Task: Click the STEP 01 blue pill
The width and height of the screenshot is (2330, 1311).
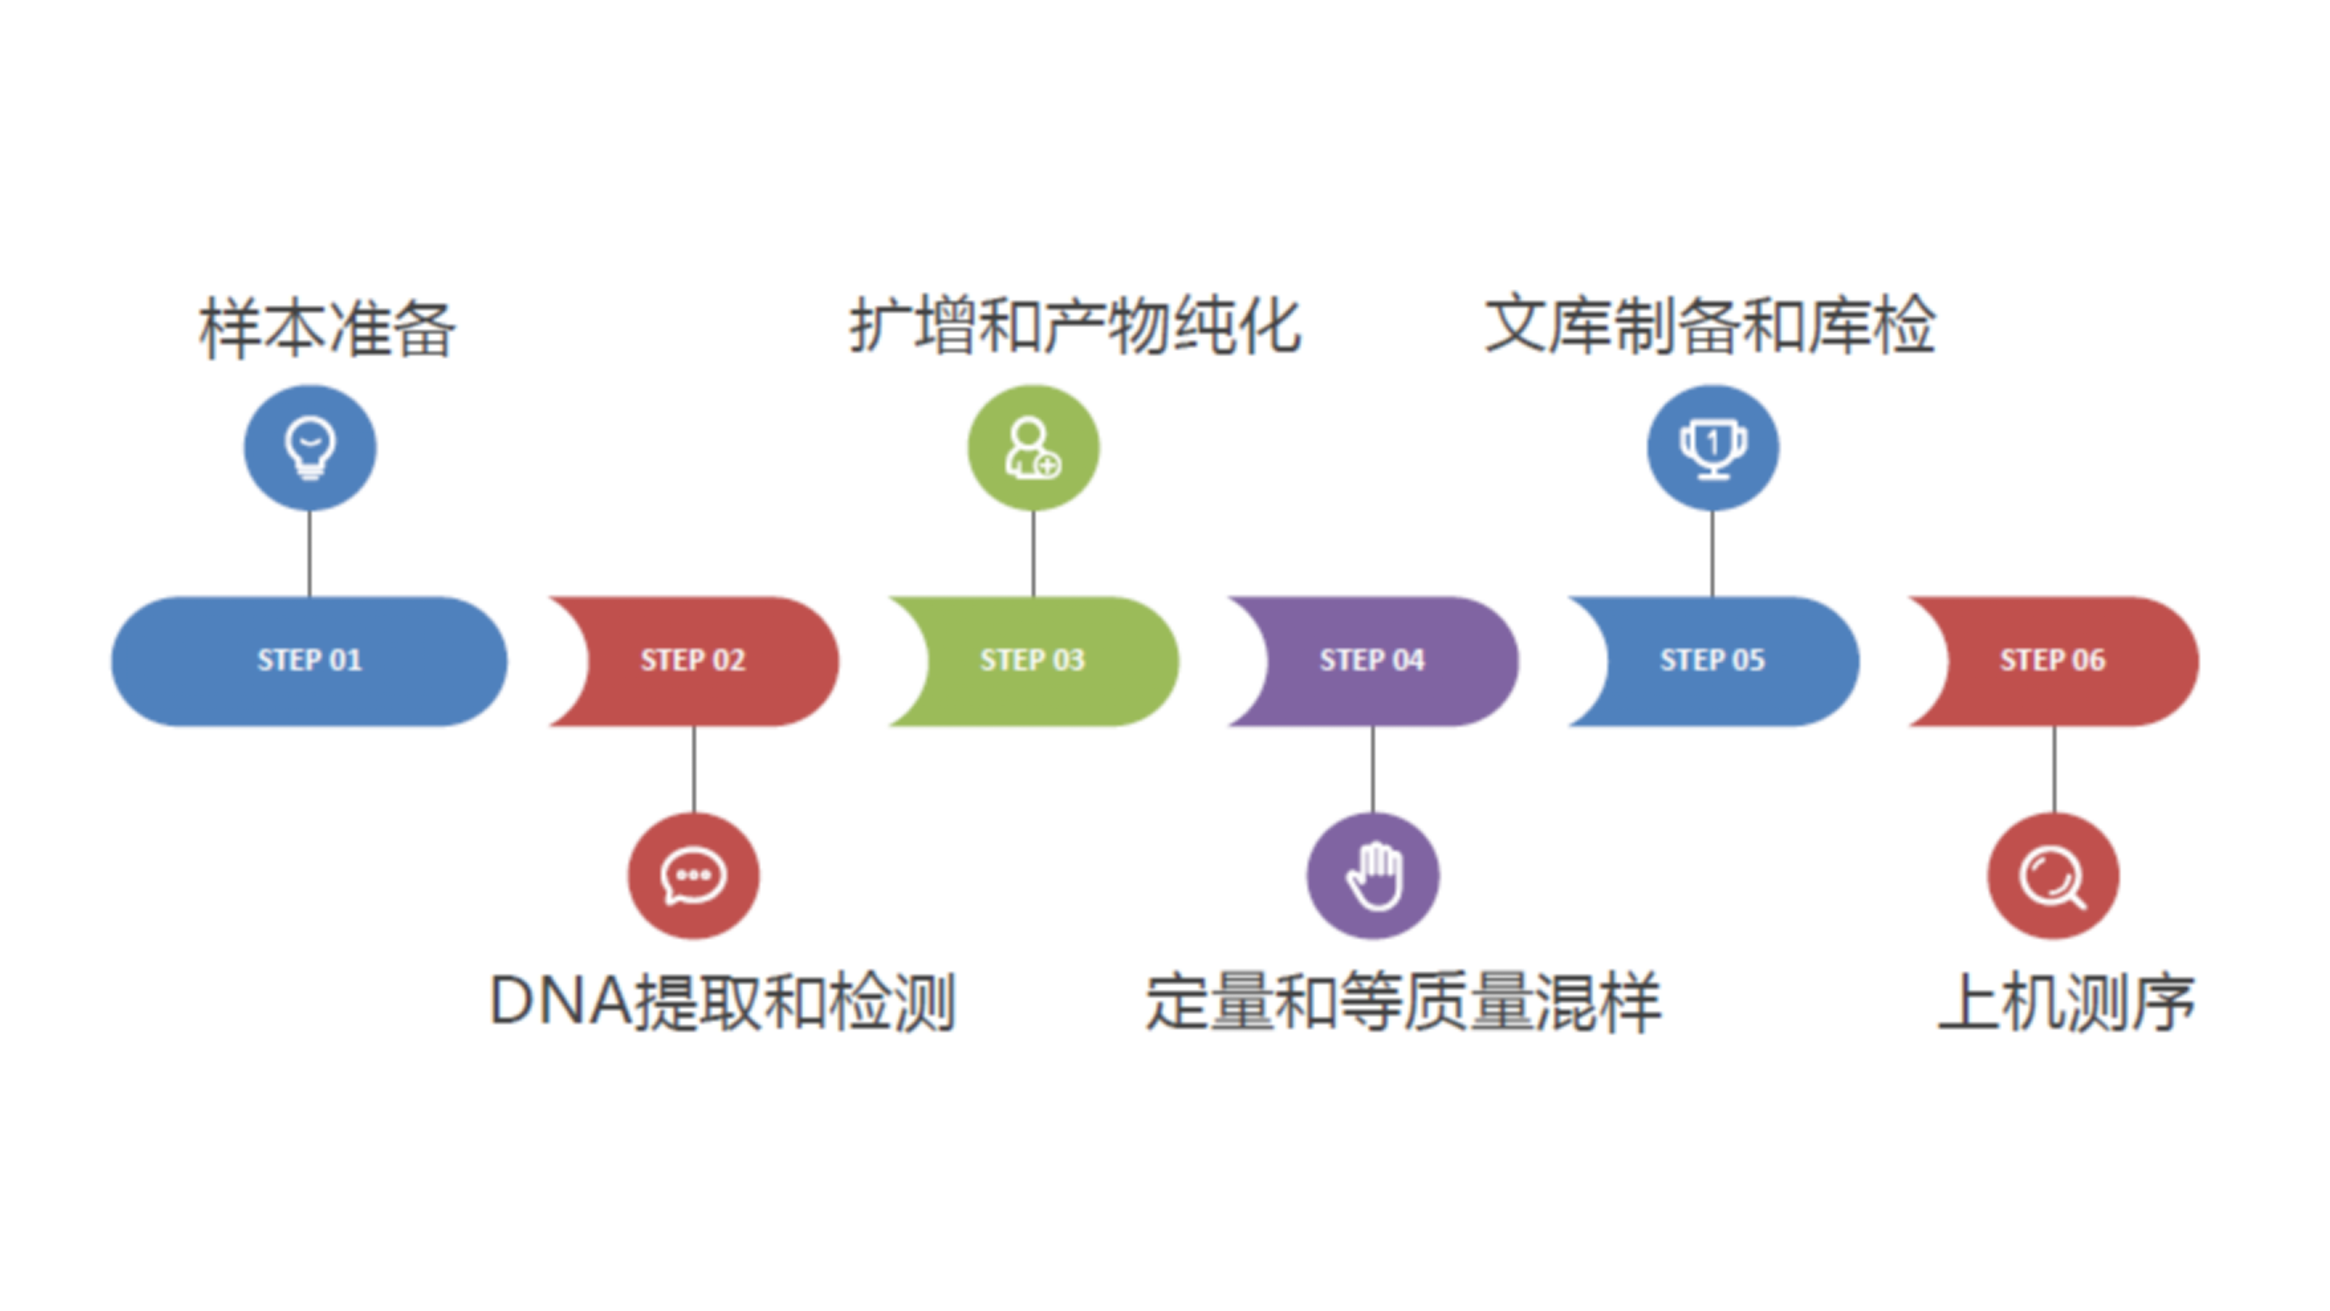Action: (309, 660)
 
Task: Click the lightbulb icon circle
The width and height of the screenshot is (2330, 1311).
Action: (309, 448)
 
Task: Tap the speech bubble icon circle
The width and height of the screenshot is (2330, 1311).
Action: (694, 876)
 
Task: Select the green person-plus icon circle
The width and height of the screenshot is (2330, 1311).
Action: (1033, 448)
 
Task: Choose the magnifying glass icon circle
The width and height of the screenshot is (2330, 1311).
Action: (2053, 876)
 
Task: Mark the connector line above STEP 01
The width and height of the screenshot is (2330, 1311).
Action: (309, 554)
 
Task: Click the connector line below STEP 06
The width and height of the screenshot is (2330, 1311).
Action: (2054, 769)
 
